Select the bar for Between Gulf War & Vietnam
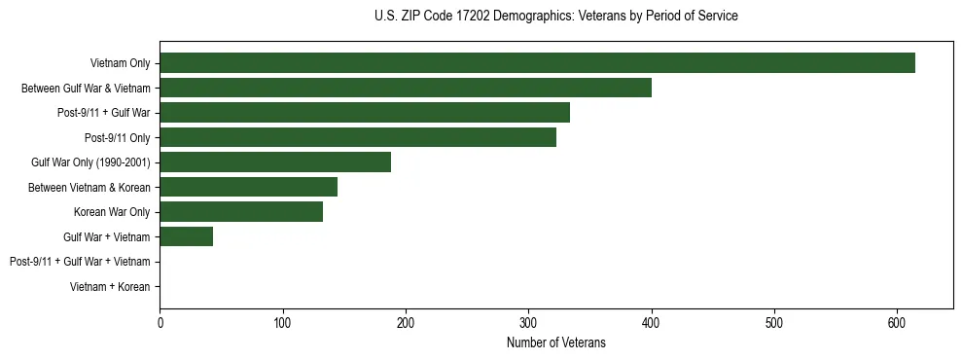(x=406, y=89)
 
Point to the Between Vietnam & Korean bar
(x=248, y=187)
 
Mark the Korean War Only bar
(x=241, y=211)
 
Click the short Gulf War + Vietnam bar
(x=186, y=236)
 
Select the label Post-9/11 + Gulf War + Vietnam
(x=80, y=262)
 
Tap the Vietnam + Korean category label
(x=110, y=287)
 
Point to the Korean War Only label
(x=112, y=212)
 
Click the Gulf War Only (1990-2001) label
(x=90, y=162)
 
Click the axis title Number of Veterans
(x=555, y=342)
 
